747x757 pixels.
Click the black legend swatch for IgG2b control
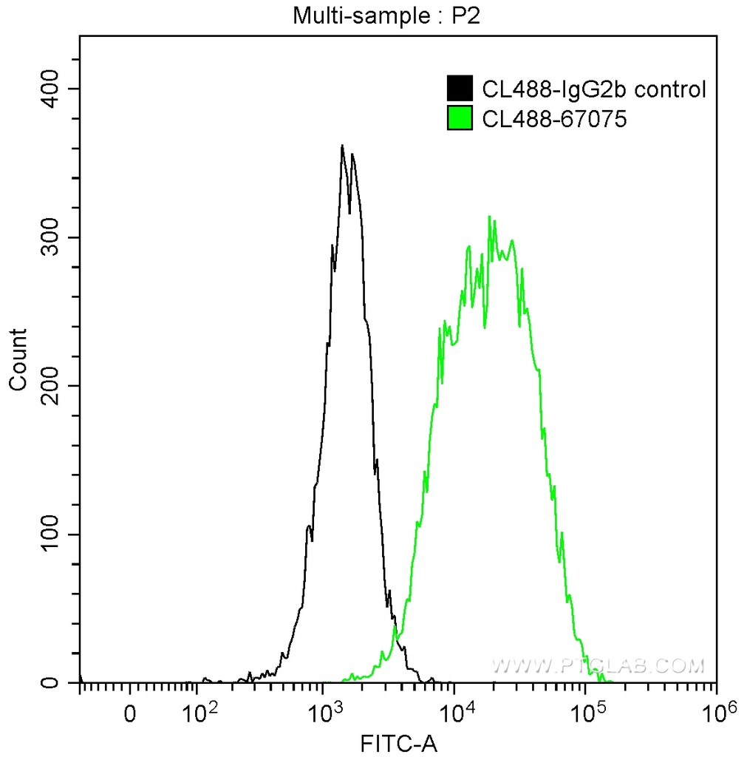pyautogui.click(x=460, y=89)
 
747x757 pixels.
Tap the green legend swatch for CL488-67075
pyautogui.click(x=460, y=118)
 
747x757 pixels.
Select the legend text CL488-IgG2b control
pyautogui.click(x=594, y=89)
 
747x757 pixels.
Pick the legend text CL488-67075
pyautogui.click(x=554, y=118)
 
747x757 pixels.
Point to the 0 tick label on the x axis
pyautogui.click(x=131, y=716)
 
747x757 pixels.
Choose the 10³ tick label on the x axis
pyautogui.click(x=324, y=714)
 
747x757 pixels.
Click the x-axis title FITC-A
pyautogui.click(x=398, y=743)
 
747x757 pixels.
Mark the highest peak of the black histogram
pyautogui.click(x=342, y=146)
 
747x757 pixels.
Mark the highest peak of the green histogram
pyautogui.click(x=489, y=217)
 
